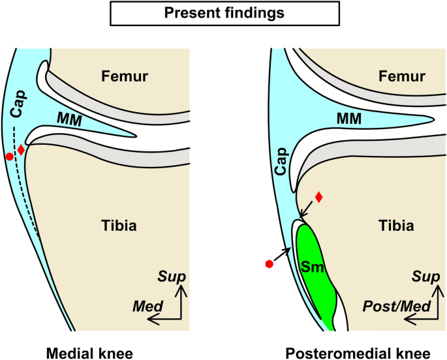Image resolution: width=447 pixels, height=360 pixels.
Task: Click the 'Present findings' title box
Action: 224,12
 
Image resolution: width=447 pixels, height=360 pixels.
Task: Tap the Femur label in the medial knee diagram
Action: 125,77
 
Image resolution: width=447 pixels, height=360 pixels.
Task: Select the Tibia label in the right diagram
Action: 395,226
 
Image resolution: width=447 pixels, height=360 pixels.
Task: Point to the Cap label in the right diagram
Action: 279,168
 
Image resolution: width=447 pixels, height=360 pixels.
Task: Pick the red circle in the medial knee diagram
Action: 9,157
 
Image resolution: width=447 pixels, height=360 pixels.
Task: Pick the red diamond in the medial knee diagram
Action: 21,150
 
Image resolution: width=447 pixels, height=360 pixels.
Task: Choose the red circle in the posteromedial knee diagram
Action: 268,264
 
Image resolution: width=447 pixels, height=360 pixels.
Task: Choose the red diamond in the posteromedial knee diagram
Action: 318,197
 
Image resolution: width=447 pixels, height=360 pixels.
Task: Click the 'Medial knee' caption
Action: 89,352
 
